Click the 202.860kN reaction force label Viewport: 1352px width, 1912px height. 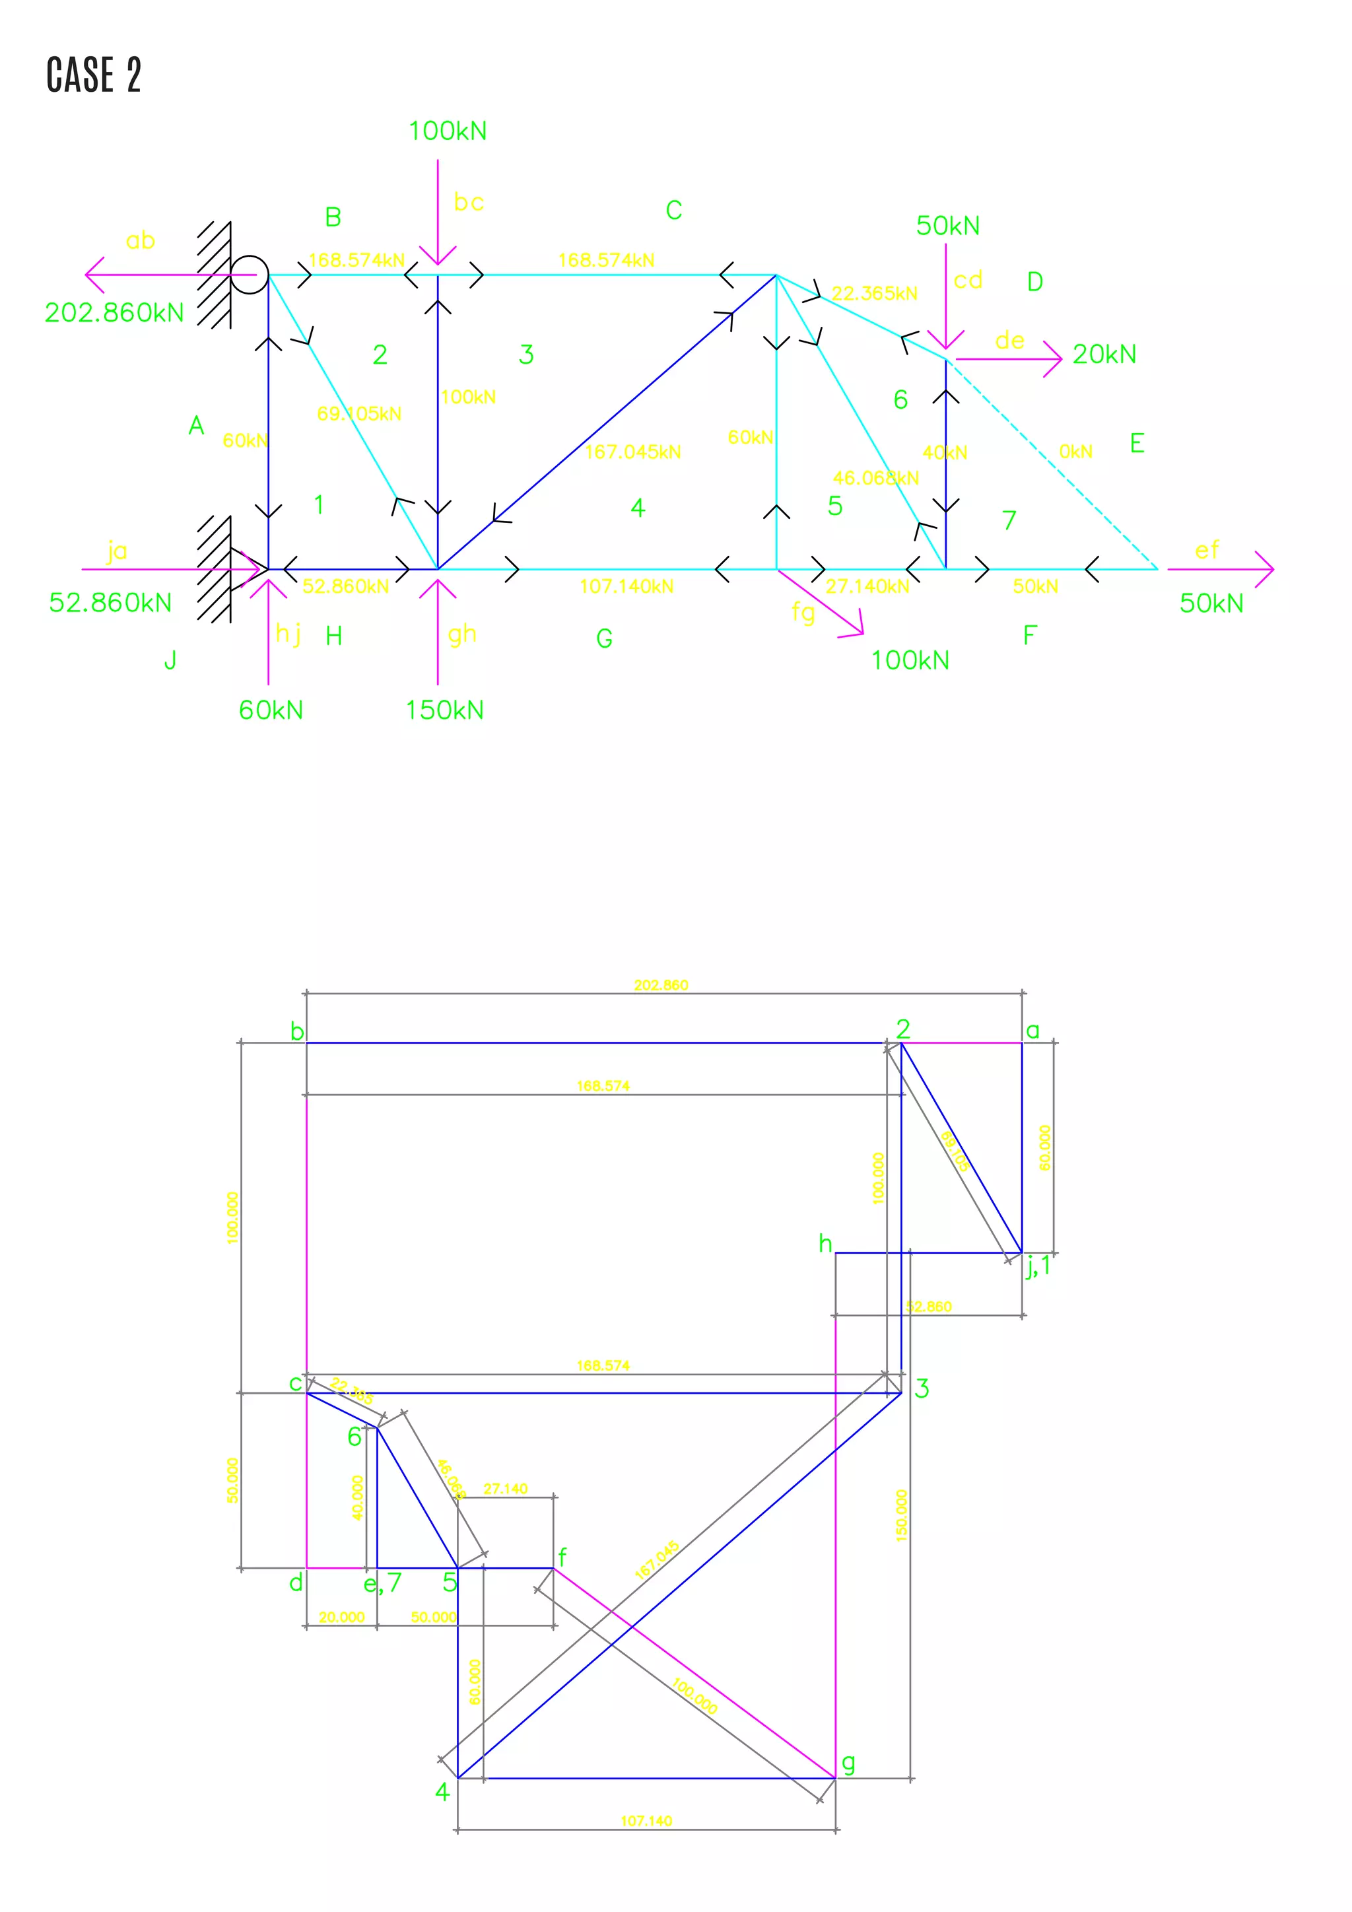[x=114, y=313]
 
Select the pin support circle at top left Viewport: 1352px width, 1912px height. [x=249, y=274]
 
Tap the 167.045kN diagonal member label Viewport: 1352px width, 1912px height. [x=632, y=452]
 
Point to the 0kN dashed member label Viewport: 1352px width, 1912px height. [x=1075, y=452]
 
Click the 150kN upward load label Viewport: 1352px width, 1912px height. [x=444, y=710]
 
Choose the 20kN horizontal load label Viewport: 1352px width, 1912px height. [x=1104, y=355]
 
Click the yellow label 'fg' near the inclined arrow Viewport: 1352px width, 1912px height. [x=803, y=612]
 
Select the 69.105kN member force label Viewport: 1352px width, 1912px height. [x=359, y=414]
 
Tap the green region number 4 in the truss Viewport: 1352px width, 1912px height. [x=638, y=508]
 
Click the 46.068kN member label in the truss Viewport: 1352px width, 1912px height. [x=876, y=478]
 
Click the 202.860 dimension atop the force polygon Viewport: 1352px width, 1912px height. [x=661, y=985]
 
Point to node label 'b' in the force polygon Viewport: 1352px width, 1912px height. [x=296, y=1032]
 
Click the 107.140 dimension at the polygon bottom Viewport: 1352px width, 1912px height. [x=646, y=1822]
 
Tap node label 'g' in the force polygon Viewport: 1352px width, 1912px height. [x=848, y=1763]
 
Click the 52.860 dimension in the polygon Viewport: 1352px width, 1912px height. [x=928, y=1307]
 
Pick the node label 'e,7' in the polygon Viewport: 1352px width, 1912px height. [x=382, y=1583]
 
